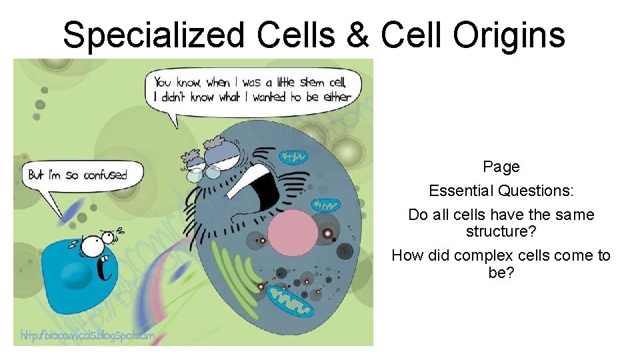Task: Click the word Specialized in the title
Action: (153, 35)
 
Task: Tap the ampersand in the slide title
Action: (357, 35)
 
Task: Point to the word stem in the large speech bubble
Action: (313, 83)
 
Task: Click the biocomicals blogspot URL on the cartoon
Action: (87, 336)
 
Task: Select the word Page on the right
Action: (501, 167)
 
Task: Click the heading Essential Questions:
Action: (501, 191)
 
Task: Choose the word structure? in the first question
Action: (501, 232)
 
